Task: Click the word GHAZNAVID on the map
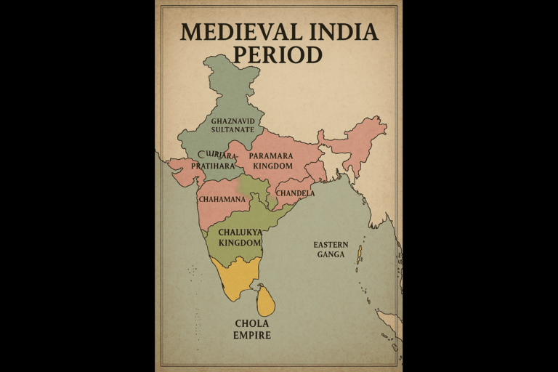[x=232, y=121]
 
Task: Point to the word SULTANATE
[x=232, y=130]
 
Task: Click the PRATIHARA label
[x=213, y=166]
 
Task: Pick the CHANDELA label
[x=295, y=194]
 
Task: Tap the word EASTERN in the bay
[x=331, y=245]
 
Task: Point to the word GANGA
[x=331, y=255]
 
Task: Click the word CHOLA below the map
[x=251, y=323]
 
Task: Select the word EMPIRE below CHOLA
[x=251, y=336]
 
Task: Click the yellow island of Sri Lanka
[x=267, y=300]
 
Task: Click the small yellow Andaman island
[x=359, y=254]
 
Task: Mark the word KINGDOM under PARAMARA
[x=270, y=166]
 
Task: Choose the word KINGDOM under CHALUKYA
[x=240, y=243]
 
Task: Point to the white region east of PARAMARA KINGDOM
[x=333, y=161]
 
